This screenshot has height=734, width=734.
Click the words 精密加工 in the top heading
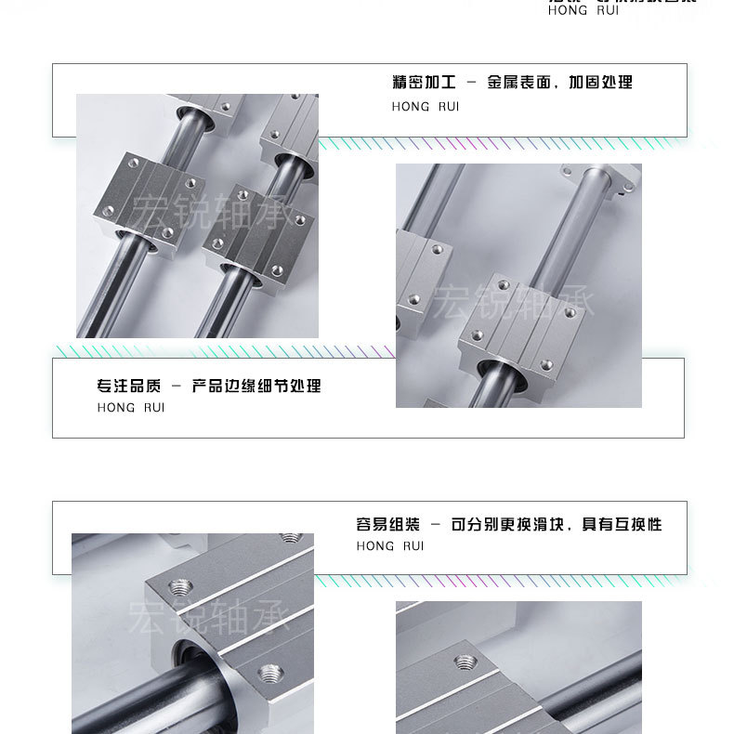pyautogui.click(x=420, y=83)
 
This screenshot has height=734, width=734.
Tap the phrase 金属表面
pyautogui.click(x=523, y=83)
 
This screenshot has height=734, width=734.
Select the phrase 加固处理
pyautogui.click(x=604, y=83)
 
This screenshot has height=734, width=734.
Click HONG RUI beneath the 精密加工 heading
pyautogui.click(x=426, y=107)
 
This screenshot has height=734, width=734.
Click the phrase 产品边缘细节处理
pyautogui.click(x=256, y=386)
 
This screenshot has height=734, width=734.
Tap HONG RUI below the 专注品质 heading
pyautogui.click(x=130, y=408)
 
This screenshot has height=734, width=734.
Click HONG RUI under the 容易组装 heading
pyautogui.click(x=390, y=546)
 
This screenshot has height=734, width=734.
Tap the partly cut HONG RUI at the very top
pyautogui.click(x=583, y=11)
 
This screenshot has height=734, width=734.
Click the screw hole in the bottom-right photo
pyautogui.click(x=465, y=662)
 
